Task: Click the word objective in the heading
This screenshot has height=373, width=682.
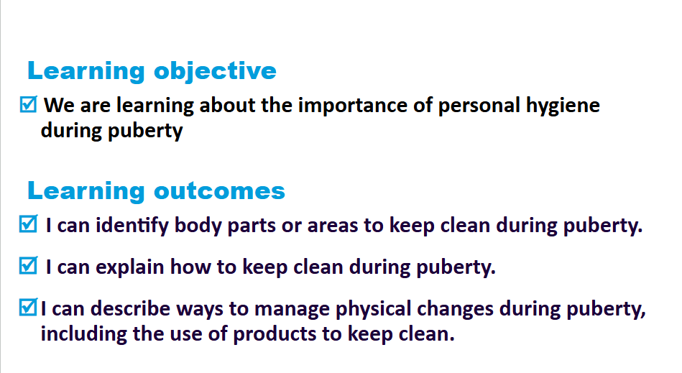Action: tap(215, 72)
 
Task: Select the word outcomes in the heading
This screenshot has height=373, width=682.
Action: tap(219, 191)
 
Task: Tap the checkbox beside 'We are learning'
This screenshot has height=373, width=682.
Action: tap(29, 104)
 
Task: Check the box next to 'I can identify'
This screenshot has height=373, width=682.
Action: tap(29, 224)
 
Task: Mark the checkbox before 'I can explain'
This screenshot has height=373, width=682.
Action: tap(29, 266)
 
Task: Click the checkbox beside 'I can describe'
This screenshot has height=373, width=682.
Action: tap(29, 307)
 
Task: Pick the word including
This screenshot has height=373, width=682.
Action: tap(83, 335)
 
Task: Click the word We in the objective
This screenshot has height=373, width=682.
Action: tap(59, 106)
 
